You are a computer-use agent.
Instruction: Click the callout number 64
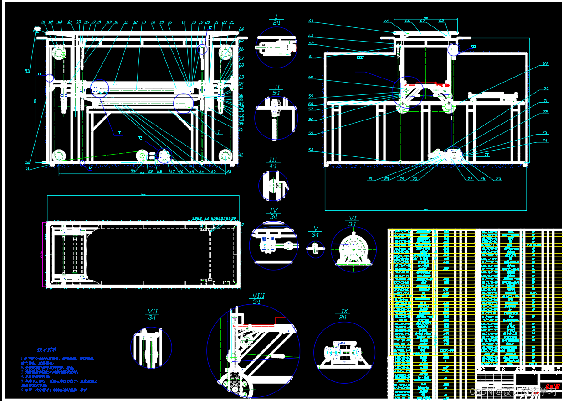click(x=311, y=21)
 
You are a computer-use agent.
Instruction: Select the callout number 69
click(x=545, y=63)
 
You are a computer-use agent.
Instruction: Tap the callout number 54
click(x=311, y=150)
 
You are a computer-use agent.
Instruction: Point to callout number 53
click(x=27, y=71)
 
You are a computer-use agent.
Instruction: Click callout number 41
click(x=241, y=155)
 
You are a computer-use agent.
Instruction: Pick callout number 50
click(x=133, y=171)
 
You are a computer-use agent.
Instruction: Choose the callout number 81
click(x=370, y=179)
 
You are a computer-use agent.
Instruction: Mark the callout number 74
click(x=544, y=141)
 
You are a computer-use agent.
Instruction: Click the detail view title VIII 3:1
click(x=257, y=299)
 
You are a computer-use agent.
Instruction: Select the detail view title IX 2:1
click(x=344, y=314)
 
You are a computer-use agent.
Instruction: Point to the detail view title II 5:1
click(x=276, y=90)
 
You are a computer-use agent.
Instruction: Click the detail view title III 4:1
click(x=273, y=163)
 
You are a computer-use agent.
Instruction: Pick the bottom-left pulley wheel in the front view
click(x=58, y=156)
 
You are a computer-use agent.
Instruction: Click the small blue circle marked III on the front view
click(x=50, y=78)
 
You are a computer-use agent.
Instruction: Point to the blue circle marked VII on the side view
click(x=453, y=49)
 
